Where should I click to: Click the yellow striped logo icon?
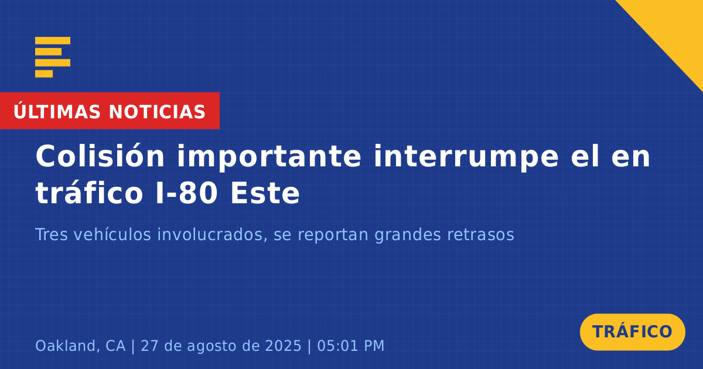coord(53,57)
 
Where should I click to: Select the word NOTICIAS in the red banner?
coord(157,112)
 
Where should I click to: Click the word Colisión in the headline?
coord(100,156)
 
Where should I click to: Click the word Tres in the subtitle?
coord(52,234)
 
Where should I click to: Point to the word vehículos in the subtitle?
coord(112,234)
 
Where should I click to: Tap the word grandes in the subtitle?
coord(408,235)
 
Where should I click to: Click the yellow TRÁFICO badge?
coord(632,332)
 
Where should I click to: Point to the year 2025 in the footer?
coord(283,346)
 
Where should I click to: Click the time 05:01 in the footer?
coord(337,346)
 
